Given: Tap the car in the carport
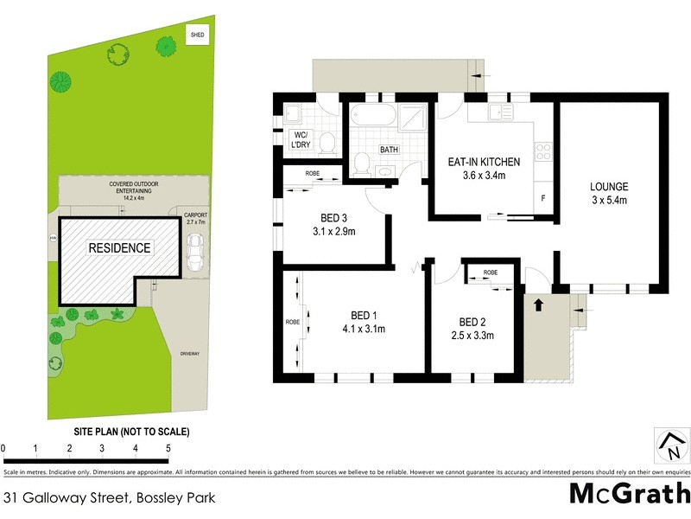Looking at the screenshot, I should (196, 251).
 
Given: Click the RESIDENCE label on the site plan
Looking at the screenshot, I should (119, 248).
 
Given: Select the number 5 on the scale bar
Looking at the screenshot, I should (168, 448).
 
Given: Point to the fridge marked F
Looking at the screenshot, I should (542, 198).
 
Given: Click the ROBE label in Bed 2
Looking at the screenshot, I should (490, 272).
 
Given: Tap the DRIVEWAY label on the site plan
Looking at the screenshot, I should (189, 354).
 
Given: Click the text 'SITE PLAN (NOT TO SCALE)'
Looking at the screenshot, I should (131, 432).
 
